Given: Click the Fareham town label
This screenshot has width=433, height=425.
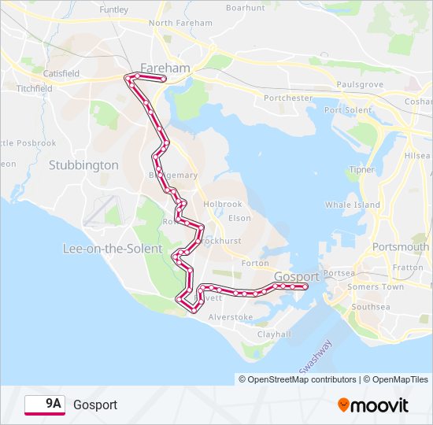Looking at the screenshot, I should pos(165,68).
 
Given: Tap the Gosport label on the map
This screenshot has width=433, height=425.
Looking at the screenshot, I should pos(297,276).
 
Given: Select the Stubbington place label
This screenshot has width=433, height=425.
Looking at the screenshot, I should pos(83,165).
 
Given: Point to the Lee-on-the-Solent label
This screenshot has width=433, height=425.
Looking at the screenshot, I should pos(113,249).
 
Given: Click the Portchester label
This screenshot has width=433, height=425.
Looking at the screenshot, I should pos(288,98).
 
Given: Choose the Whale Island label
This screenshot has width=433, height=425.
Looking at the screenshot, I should pos(353,205).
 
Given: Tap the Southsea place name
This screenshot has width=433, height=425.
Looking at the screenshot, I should pos(371,306).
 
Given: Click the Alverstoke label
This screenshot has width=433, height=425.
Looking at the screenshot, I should pos(231,316).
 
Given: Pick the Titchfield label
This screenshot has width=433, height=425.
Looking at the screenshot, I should pos(33,89).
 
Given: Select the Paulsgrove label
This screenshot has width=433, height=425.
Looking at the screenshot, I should pos(360,84).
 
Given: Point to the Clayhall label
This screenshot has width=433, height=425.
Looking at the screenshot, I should pos(274,334).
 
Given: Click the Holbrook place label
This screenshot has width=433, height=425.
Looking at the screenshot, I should pos(223,204).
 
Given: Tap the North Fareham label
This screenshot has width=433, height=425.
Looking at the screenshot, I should pos(180,23).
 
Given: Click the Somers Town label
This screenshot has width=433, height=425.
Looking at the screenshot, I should pos(376,286).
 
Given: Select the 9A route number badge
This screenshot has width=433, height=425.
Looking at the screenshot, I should pos(45,405).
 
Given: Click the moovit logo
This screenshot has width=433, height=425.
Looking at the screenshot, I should pos(373,405).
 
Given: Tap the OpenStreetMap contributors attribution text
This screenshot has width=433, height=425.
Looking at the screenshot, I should pos(298,379).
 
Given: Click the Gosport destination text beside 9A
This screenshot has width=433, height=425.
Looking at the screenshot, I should pos(95,405).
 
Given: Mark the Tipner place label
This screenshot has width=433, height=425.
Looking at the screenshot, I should pos(362,170).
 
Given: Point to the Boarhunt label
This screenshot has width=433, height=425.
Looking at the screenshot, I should pos(246,7).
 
